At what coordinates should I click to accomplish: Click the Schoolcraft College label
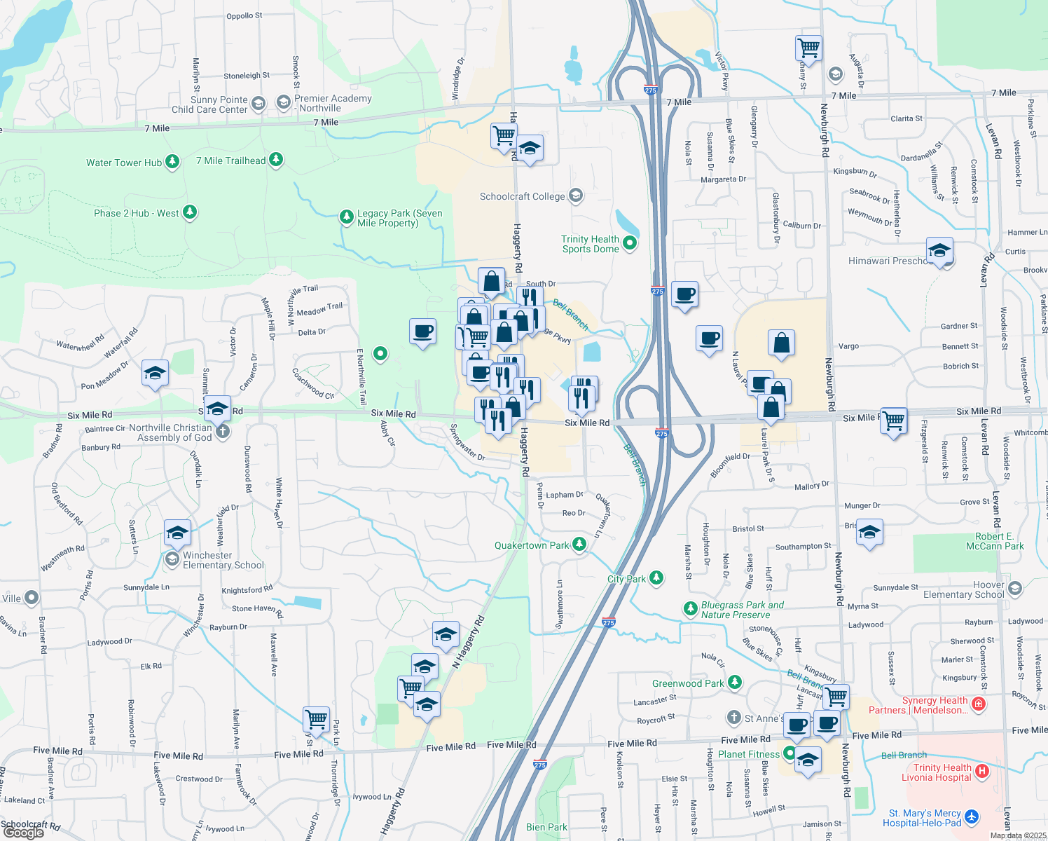point(522,196)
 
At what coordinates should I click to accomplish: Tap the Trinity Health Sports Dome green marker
point(630,243)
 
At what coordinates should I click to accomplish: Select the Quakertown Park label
point(532,545)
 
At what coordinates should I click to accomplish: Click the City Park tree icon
point(656,578)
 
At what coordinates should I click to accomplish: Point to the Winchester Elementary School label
point(223,560)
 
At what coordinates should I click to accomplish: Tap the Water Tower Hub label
point(123,163)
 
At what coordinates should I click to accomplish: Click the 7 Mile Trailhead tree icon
point(277,160)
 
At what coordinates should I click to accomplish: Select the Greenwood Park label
point(688,683)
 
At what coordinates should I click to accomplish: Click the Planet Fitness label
point(748,754)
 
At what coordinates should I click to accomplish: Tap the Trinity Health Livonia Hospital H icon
point(982,772)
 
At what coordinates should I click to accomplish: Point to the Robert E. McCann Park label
point(995,541)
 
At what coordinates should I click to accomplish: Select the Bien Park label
point(546,827)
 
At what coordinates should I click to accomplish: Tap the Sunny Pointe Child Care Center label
point(209,104)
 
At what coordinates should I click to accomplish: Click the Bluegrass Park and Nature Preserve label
point(743,610)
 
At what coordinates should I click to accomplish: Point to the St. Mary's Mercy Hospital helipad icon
point(972,817)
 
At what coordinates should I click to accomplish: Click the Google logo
point(24,832)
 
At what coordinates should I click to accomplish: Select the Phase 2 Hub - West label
point(136,213)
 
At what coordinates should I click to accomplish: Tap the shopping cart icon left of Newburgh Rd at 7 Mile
point(808,48)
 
